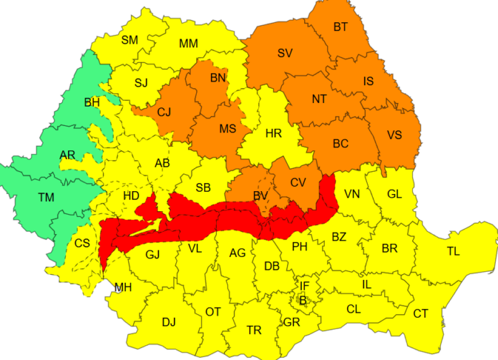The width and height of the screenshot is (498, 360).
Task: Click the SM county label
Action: [x=130, y=40]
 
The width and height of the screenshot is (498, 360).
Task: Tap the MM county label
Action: [x=188, y=44]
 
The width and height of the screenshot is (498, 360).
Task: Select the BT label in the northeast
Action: [x=341, y=27]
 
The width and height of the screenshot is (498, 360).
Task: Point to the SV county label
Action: [x=285, y=53]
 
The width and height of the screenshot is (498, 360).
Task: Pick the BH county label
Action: [x=92, y=102]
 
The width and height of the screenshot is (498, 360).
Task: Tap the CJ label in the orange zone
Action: [x=164, y=112]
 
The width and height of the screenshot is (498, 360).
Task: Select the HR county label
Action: [x=273, y=134]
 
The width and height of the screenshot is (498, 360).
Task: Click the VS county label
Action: [x=394, y=135]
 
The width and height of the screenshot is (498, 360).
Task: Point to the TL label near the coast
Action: [x=453, y=251]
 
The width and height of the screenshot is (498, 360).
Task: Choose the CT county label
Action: [x=420, y=313]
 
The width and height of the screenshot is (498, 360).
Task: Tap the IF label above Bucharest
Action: [x=304, y=286]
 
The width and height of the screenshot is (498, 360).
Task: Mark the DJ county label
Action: [x=168, y=322]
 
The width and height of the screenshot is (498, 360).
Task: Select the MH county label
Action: [x=123, y=288]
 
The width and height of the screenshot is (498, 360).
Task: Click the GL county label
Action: [x=394, y=194]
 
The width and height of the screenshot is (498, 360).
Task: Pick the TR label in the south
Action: [x=253, y=330]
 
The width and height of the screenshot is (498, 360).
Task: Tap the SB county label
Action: [x=203, y=188]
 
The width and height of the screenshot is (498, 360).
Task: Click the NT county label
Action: [x=319, y=99]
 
